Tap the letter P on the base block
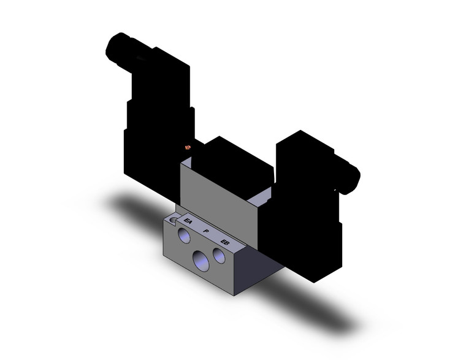click(207, 231)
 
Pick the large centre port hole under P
click(201, 260)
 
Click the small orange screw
click(189, 147)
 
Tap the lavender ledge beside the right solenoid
click(263, 196)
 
